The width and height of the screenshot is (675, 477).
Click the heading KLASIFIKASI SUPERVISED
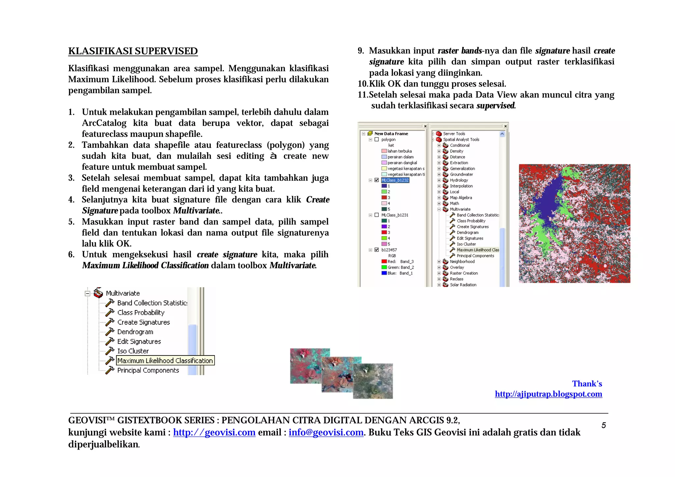pyautogui.click(x=133, y=51)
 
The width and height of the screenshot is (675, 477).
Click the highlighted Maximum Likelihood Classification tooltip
pyautogui.click(x=165, y=360)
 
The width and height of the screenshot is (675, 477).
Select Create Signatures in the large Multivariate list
pyautogui.click(x=143, y=322)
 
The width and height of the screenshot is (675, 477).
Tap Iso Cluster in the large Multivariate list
pyautogui.click(x=133, y=351)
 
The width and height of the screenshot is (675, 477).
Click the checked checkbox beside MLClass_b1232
pyautogui.click(x=377, y=180)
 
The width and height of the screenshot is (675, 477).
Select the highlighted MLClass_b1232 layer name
pyautogui.click(x=395, y=180)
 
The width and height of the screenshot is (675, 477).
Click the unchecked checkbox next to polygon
pyautogui.click(x=377, y=140)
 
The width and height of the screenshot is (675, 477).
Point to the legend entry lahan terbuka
pyautogui.click(x=399, y=151)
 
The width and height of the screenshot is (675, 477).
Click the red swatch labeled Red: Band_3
pyautogui.click(x=384, y=262)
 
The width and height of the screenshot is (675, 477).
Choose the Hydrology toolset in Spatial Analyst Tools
pyautogui.click(x=459, y=180)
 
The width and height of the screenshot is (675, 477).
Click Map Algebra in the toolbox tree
pyautogui.click(x=461, y=198)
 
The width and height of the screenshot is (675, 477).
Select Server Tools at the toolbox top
pyautogui.click(x=454, y=134)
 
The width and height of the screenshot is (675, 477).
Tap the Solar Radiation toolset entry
pyautogui.click(x=463, y=285)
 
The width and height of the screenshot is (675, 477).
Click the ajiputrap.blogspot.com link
pyautogui.click(x=548, y=394)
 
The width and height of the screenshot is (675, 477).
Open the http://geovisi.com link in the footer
pyautogui.click(x=214, y=432)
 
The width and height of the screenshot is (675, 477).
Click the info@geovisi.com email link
pyautogui.click(x=326, y=432)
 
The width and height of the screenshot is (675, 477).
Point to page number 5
pyautogui.click(x=603, y=425)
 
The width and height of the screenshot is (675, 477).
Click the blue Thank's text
pyautogui.click(x=587, y=384)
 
